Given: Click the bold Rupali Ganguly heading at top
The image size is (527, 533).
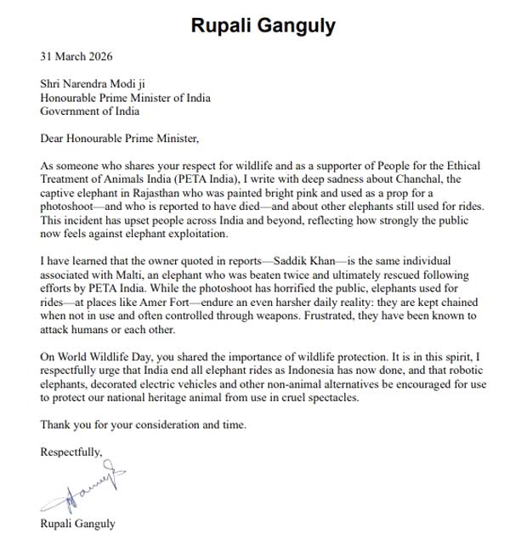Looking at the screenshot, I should (263, 26).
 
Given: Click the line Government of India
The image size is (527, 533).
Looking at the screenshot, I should (90, 111).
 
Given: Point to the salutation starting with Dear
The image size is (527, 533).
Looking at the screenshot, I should (118, 138).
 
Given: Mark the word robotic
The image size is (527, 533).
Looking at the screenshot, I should (469, 371).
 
